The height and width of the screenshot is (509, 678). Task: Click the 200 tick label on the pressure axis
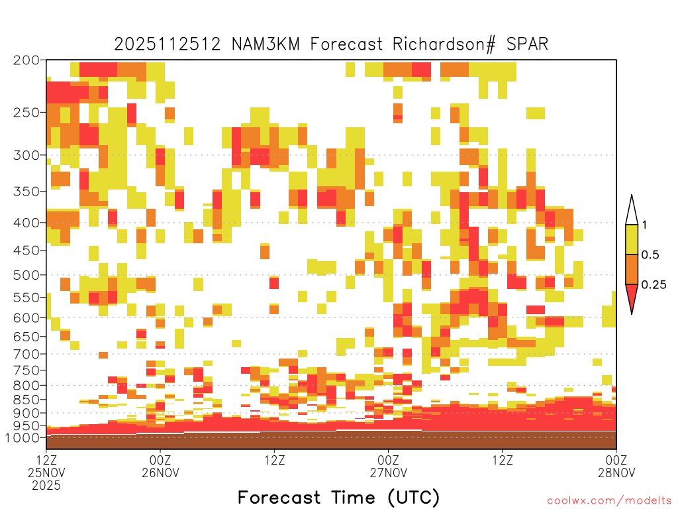26,60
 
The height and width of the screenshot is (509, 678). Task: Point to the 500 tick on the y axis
26,275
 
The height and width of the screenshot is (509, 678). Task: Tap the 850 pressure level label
26,399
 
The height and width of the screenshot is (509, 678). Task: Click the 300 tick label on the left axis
26,155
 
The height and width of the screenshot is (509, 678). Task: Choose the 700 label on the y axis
26,354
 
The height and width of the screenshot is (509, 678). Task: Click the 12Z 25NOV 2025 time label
46,473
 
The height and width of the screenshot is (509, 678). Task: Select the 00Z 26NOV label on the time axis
160,466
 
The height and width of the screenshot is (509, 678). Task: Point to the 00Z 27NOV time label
388,466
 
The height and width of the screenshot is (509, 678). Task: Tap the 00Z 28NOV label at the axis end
616,466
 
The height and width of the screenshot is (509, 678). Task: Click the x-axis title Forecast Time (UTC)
338,497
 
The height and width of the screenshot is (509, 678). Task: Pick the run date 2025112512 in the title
168,44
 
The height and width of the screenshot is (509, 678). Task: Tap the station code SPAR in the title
527,44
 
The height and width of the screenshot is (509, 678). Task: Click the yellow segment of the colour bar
632,239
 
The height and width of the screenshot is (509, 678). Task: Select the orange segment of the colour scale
632,269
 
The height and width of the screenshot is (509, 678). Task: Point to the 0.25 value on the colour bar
654,284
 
